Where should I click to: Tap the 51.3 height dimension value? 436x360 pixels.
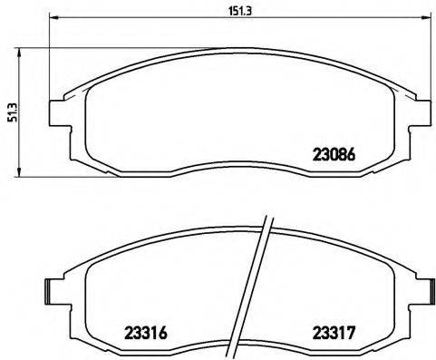click(9, 113)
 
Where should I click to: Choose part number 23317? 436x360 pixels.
click(333, 332)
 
